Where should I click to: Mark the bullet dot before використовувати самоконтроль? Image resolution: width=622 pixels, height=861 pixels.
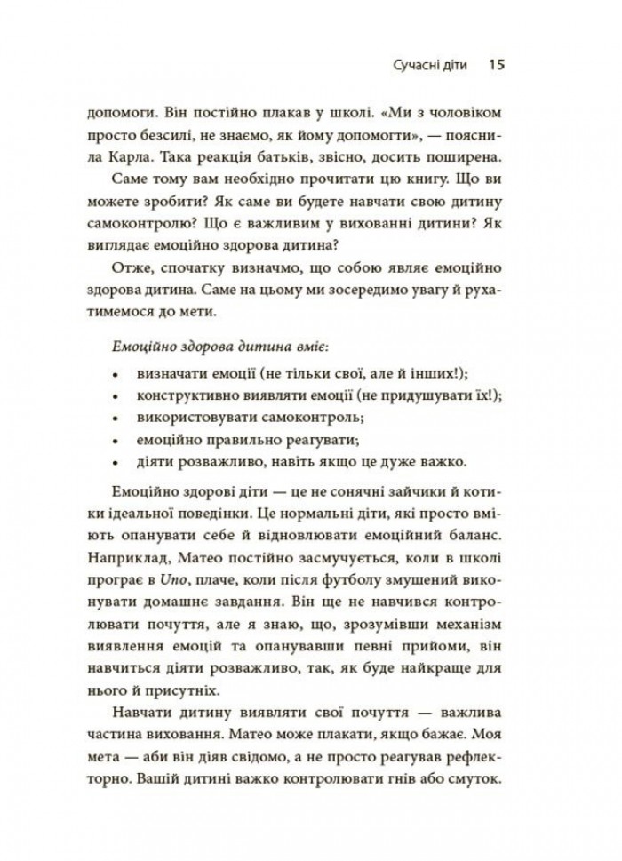coord(117,416)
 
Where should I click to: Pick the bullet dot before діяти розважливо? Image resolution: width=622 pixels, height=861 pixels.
coord(117,462)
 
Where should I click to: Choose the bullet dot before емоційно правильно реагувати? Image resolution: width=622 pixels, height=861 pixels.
coord(117,439)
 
